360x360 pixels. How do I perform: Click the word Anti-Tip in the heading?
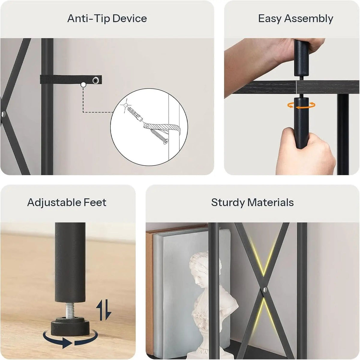point(89,19)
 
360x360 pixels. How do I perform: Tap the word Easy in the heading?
point(270,19)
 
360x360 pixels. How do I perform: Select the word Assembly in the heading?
point(309,19)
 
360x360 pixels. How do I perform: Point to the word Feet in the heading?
point(95,202)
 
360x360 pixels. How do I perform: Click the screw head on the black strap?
point(96,80)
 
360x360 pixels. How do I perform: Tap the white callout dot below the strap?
point(83,85)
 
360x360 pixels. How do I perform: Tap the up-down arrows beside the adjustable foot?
point(104,310)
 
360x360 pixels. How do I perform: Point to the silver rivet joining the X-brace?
point(265,290)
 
